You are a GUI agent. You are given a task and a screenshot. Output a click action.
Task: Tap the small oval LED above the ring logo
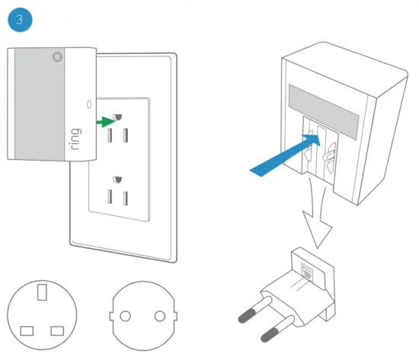point(88,104)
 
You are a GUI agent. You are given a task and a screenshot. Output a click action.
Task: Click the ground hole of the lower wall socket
point(117,180)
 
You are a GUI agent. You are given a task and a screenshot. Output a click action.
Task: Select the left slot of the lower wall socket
point(109,199)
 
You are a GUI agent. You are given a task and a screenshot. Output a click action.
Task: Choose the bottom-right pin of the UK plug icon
point(56,330)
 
